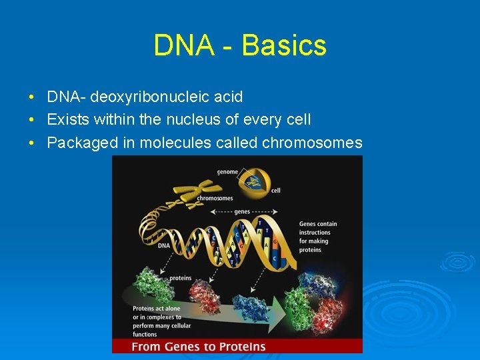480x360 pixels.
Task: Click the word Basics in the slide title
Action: point(284,45)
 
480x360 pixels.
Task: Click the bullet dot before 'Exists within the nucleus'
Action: point(32,120)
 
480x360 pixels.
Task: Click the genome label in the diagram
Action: point(227,172)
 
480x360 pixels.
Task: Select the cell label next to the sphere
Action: point(275,190)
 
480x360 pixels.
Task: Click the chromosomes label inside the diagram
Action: point(215,198)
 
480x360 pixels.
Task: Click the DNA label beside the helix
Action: point(163,245)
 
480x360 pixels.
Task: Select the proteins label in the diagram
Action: point(180,278)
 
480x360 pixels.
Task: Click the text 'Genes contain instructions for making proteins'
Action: point(318,237)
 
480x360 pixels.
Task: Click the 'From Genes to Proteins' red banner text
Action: point(198,346)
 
